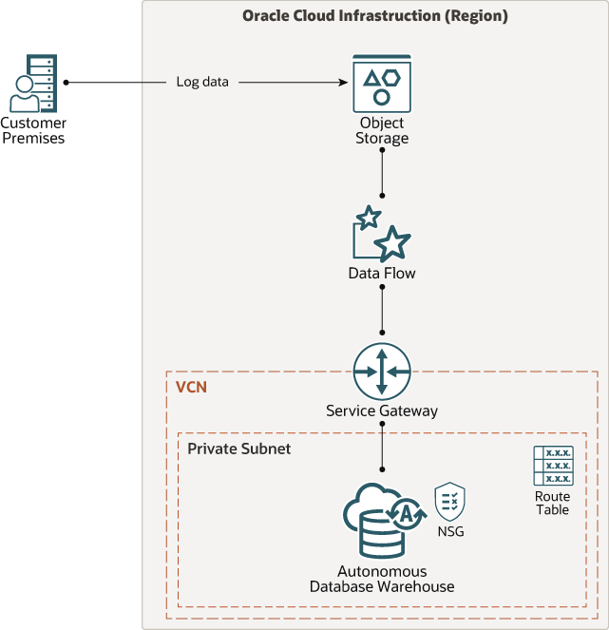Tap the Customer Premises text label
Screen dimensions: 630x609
click(32, 131)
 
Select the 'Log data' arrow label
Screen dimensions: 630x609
click(202, 82)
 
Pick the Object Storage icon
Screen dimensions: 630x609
click(382, 83)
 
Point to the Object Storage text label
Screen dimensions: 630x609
click(382, 131)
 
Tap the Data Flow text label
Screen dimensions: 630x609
click(382, 274)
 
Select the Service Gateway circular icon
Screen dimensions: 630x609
click(382, 371)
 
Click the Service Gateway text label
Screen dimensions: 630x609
click(382, 411)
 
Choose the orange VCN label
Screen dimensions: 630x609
click(191, 388)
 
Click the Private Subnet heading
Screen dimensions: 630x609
click(238, 449)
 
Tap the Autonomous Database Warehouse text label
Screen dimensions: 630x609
click(382, 580)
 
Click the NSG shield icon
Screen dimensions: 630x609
click(449, 501)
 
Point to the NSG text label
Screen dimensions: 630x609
click(449, 532)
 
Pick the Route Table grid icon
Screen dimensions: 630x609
click(552, 466)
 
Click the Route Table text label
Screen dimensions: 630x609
click(552, 504)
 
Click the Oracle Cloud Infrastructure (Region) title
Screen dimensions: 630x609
click(375, 16)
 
